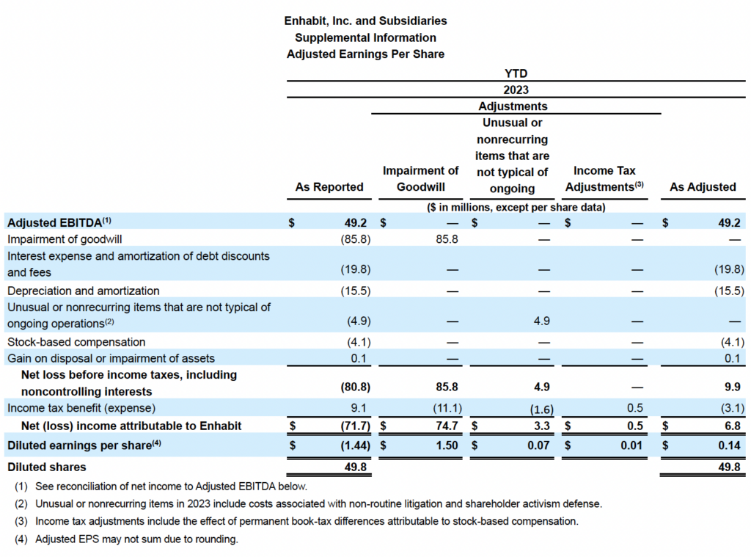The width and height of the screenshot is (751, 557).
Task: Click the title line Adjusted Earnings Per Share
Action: point(365,54)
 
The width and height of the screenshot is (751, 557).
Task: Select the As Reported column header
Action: point(329,187)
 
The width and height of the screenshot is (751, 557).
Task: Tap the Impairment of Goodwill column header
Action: point(421,178)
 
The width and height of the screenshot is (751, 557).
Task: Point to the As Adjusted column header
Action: point(703,187)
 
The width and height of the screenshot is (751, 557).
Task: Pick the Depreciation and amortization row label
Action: point(84,291)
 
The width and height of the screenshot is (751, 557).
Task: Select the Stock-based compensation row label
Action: point(76,342)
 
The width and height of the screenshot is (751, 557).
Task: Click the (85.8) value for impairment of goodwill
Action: point(355,239)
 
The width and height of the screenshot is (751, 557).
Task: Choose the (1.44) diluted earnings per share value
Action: point(353,445)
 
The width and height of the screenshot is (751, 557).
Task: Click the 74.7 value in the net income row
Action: point(447,426)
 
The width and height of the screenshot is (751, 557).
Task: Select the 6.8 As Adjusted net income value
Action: point(731,426)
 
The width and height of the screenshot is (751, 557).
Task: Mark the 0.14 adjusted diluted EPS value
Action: point(729,445)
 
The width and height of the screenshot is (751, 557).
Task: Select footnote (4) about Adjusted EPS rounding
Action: point(126,539)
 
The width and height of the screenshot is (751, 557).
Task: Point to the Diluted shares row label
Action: point(47,467)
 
